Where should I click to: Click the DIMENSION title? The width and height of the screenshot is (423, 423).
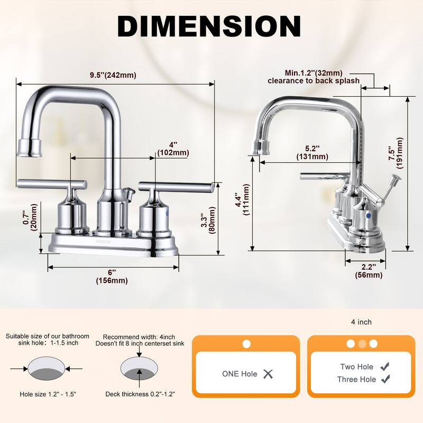pyautogui.click(x=209, y=26)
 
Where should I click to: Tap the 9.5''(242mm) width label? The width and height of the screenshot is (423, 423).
pyautogui.click(x=113, y=75)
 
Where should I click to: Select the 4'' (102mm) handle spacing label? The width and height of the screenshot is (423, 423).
pyautogui.click(x=173, y=149)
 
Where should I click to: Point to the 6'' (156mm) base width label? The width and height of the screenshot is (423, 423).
pyautogui.click(x=112, y=276)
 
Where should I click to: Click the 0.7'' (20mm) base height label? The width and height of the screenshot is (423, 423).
pyautogui.click(x=30, y=217)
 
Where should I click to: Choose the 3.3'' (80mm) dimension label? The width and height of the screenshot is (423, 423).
pyautogui.click(x=208, y=220)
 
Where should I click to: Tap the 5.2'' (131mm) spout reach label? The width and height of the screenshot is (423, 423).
pyautogui.click(x=312, y=152)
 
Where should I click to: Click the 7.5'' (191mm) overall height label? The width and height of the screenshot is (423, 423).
pyautogui.click(x=396, y=153)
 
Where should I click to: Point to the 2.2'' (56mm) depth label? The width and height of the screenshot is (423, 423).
pyautogui.click(x=369, y=271)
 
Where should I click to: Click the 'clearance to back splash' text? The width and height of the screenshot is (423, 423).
pyautogui.click(x=314, y=81)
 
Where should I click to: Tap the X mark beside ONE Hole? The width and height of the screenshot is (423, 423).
pyautogui.click(x=268, y=374)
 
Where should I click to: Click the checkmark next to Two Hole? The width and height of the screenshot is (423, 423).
pyautogui.click(x=385, y=366)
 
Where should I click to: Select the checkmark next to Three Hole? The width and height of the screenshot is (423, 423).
pyautogui.click(x=385, y=379)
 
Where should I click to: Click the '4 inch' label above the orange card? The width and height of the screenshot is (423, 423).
pyautogui.click(x=361, y=322)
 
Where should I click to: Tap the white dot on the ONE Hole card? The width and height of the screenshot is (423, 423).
pyautogui.click(x=246, y=344)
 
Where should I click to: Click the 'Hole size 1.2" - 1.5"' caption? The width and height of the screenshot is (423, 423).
pyautogui.click(x=48, y=394)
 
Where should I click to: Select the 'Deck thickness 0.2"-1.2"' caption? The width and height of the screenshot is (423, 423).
pyautogui.click(x=140, y=394)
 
